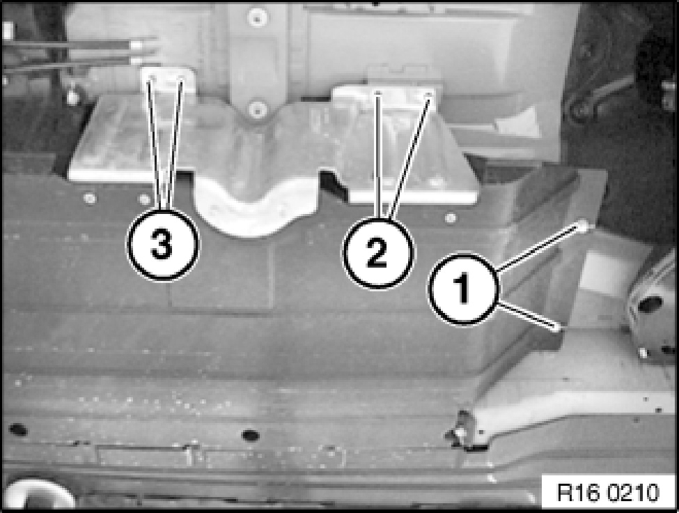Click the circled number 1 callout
point(463,290)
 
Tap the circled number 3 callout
point(162,245)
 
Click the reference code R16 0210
point(608,492)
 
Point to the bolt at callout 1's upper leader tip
point(584,225)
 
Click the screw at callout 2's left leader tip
point(378,93)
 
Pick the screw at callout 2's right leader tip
point(429,94)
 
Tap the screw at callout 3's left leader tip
point(152,78)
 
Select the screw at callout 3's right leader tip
point(181,79)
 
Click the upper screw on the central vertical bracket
point(257,17)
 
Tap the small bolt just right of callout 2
point(451,217)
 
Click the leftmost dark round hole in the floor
point(17,430)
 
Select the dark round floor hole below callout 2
point(250,434)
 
